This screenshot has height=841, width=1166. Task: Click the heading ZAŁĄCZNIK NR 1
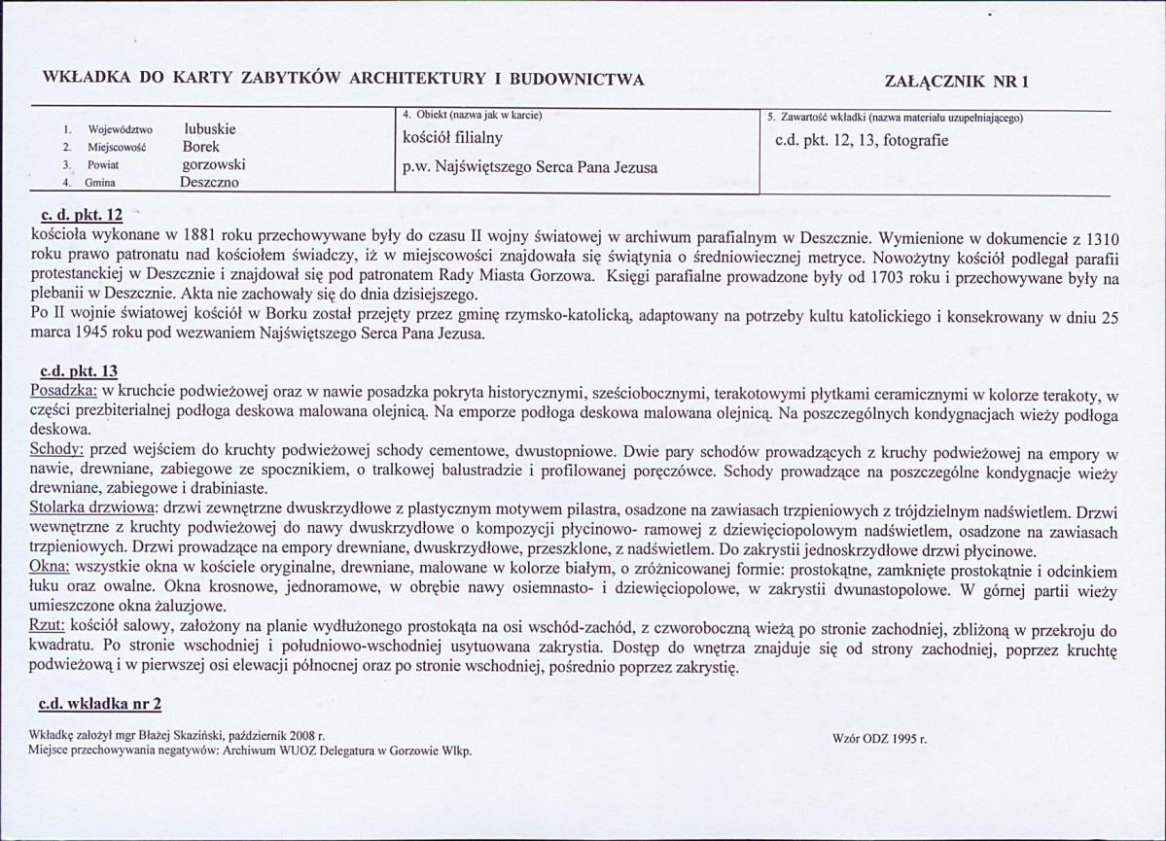tap(957, 81)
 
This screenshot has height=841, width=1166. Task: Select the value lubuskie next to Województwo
tap(209, 128)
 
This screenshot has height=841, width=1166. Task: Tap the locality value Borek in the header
tap(200, 147)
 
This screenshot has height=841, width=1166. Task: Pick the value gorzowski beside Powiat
tap(213, 164)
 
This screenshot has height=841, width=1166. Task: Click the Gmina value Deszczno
tap(209, 182)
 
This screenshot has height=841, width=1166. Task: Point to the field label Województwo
tap(120, 129)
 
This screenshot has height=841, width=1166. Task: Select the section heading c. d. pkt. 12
tap(83, 215)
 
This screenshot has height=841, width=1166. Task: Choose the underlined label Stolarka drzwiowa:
tap(93, 508)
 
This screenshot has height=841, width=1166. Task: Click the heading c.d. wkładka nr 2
tap(99, 703)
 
